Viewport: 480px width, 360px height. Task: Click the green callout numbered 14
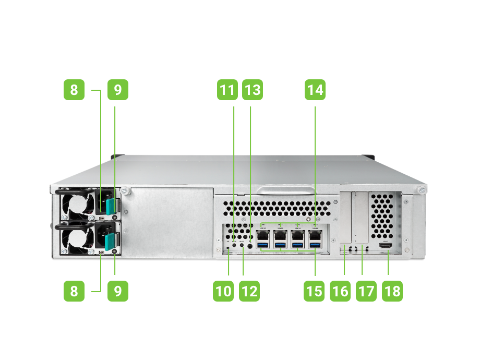(x=315, y=90)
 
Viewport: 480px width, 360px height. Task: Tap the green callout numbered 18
(x=392, y=290)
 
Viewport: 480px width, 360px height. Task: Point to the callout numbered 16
(x=340, y=290)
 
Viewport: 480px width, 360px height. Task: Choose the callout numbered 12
(x=249, y=290)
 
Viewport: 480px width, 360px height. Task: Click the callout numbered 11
(x=227, y=90)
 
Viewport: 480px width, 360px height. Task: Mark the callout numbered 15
(x=314, y=290)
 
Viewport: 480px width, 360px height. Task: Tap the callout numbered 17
(x=366, y=290)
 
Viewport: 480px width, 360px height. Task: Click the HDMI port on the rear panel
(x=386, y=245)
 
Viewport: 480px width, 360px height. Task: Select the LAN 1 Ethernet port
(x=263, y=235)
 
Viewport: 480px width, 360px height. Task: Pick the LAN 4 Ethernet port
(x=315, y=235)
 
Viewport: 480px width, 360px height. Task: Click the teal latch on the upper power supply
(x=111, y=207)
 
